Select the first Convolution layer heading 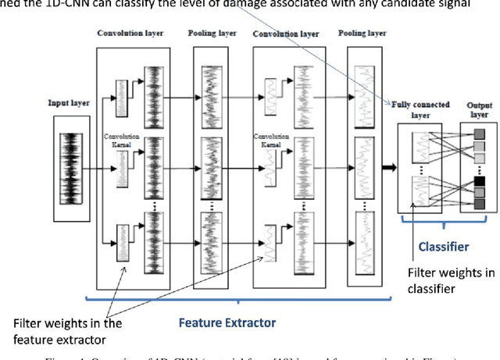point(130,34)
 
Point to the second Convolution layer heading point(287,34)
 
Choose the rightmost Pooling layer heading point(362,34)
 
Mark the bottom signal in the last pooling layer point(362,239)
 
